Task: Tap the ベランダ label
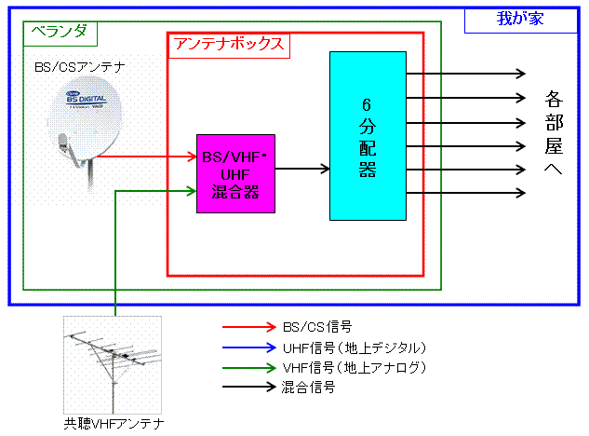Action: coord(60,31)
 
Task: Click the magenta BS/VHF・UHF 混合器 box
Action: coord(235,172)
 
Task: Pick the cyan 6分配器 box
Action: coord(368,136)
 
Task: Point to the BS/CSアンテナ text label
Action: coord(79,67)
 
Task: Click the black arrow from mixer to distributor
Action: coord(302,169)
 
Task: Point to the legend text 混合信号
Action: coord(308,388)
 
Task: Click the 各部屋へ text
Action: coord(556,134)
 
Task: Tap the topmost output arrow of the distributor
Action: coord(465,74)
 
